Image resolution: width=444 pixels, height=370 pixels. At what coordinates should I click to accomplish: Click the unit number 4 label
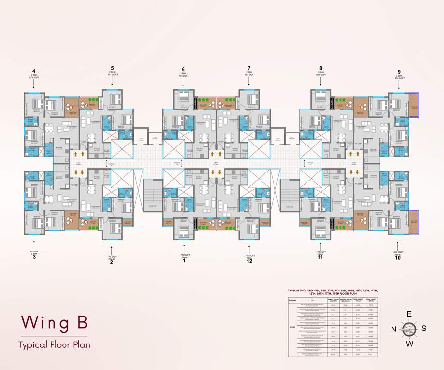34,71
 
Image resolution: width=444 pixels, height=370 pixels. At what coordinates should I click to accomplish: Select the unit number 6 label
183,69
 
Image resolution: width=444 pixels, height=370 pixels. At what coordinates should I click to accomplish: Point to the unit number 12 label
249,261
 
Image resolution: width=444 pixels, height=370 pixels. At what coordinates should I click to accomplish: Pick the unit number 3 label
34,257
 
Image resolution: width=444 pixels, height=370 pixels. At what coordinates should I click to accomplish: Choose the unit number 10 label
398,258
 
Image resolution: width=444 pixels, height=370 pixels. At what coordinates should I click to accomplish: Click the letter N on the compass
393,329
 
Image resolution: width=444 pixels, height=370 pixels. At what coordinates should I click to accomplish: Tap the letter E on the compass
409,314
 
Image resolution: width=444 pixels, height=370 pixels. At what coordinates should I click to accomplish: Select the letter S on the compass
424,329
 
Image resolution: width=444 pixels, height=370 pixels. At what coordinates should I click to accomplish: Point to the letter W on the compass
409,344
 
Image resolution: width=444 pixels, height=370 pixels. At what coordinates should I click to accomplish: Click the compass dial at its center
409,330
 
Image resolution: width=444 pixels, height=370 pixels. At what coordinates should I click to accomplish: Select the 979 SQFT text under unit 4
34,78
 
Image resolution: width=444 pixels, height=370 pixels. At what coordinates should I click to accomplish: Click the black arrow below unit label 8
320,82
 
